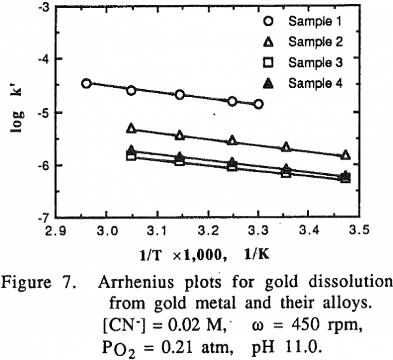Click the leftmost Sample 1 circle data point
click(x=86, y=83)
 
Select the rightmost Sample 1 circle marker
click(x=259, y=104)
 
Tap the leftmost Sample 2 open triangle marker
click(x=131, y=129)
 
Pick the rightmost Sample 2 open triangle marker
click(x=346, y=155)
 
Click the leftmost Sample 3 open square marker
click(x=131, y=156)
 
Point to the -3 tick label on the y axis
click(x=45, y=8)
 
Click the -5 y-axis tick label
click(x=45, y=112)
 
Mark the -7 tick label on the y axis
click(x=45, y=217)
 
